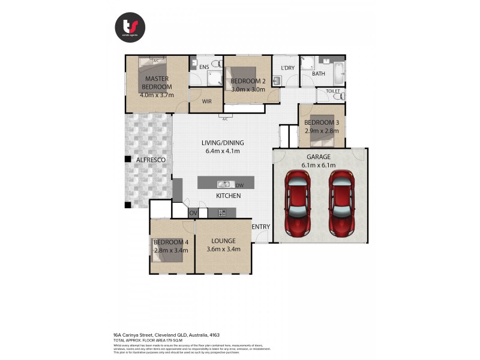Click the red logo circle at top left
(x=130, y=27)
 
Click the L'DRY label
(x=287, y=68)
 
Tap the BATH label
(x=318, y=74)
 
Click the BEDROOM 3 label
(x=322, y=122)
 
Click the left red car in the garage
(x=298, y=202)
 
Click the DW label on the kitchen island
(x=239, y=185)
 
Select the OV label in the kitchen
(x=193, y=213)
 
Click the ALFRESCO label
(x=151, y=160)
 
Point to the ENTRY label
(x=261, y=226)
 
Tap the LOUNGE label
(x=223, y=241)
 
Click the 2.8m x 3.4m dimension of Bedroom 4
(x=171, y=250)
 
